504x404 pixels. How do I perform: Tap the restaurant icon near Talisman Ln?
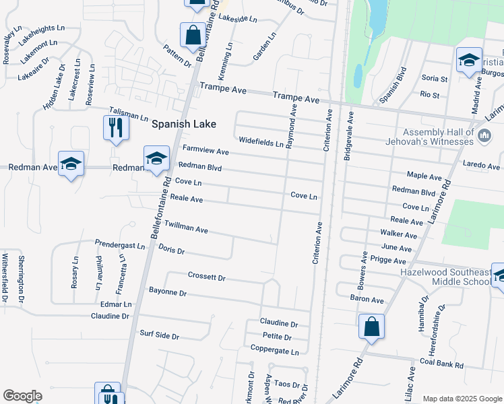(x=115, y=127)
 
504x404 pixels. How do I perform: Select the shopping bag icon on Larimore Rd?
(x=371, y=327)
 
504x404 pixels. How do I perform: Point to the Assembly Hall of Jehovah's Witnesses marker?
(x=483, y=137)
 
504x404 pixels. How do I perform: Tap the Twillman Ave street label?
(x=186, y=228)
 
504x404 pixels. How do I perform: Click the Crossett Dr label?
(x=206, y=277)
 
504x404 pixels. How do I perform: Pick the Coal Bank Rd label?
(x=441, y=365)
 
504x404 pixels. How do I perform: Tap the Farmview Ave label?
(x=206, y=151)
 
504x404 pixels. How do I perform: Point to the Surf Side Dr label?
(x=159, y=335)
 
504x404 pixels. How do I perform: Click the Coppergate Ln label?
(x=274, y=351)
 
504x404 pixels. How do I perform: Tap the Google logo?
(x=22, y=396)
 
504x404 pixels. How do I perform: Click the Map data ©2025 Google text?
(x=462, y=399)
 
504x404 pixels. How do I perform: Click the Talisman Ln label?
(x=129, y=116)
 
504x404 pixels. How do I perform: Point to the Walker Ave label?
(x=399, y=235)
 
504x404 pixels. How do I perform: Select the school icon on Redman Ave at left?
(x=71, y=164)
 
